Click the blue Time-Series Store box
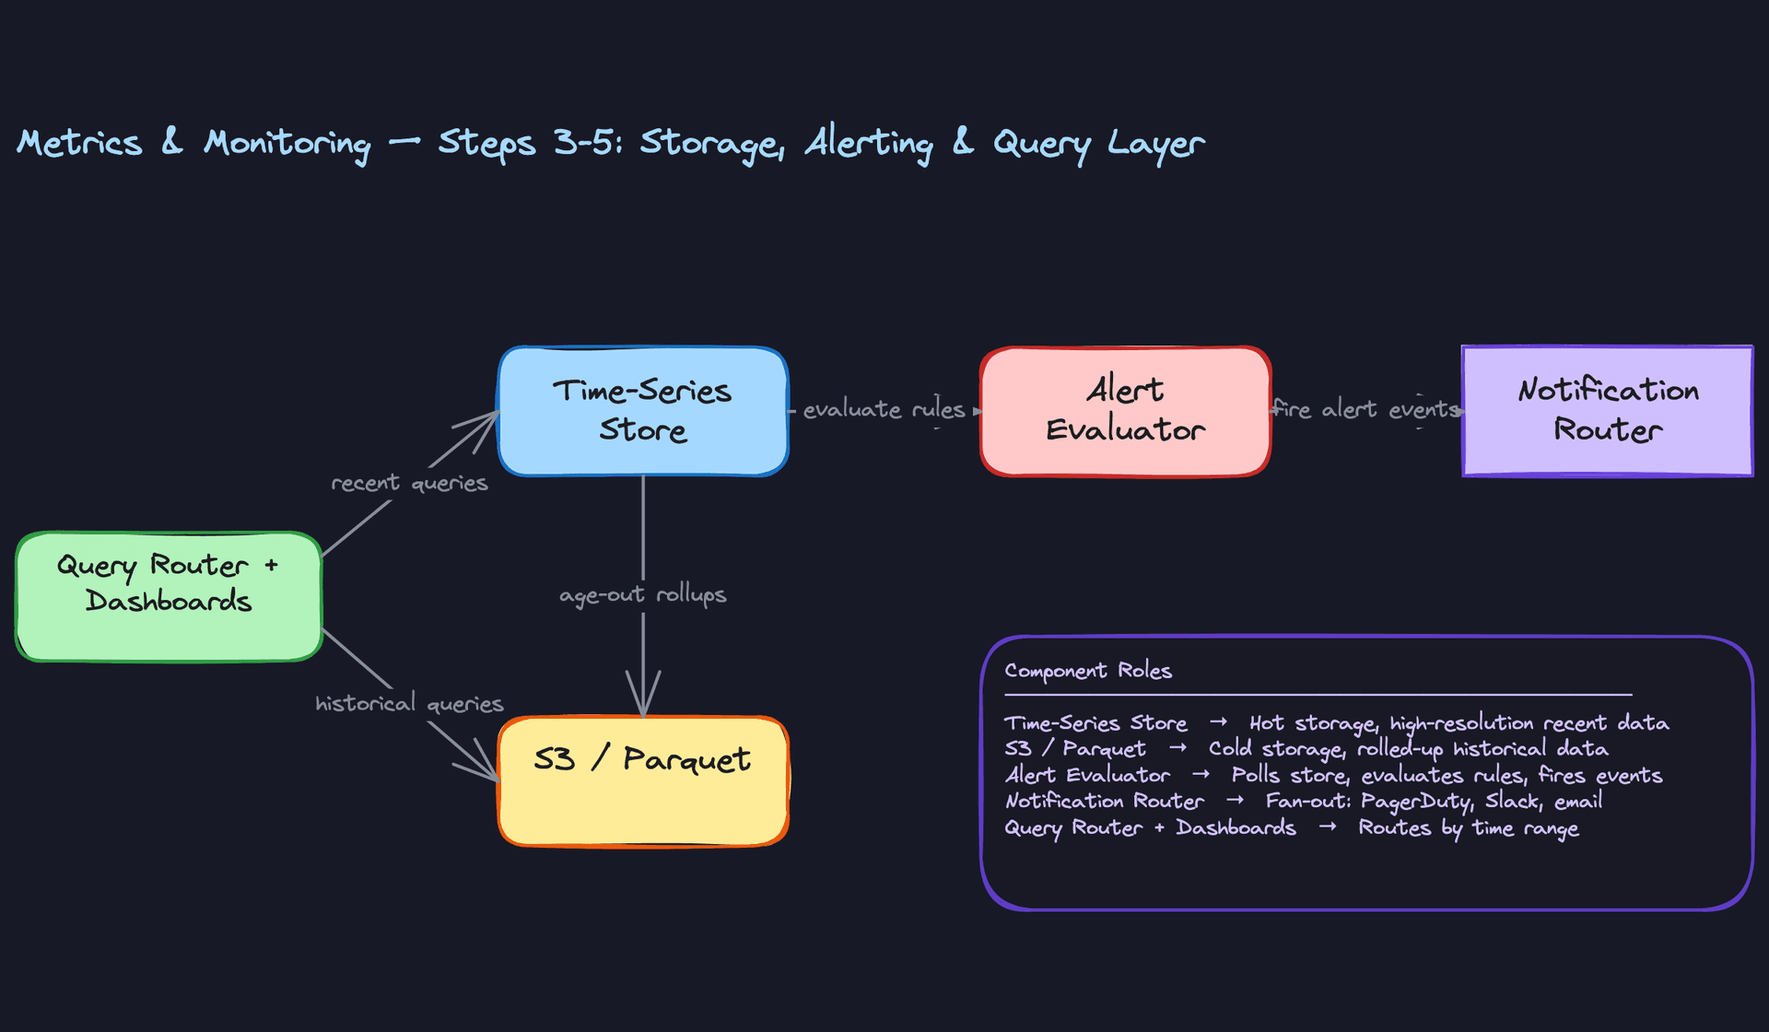tap(642, 411)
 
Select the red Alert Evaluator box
tap(1125, 411)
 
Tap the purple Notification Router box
tap(1607, 411)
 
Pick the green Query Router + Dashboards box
tap(169, 596)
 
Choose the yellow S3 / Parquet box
tap(642, 780)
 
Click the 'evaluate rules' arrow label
tap(884, 410)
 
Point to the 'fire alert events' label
tap(1365, 410)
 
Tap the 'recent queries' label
tap(409, 484)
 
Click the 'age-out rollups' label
tap(642, 595)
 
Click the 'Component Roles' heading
tap(1088, 671)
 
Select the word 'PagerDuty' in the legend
tap(1417, 802)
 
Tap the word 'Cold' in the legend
tap(1230, 749)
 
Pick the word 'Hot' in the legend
tap(1266, 723)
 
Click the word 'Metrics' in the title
tap(80, 143)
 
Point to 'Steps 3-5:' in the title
tap(531, 143)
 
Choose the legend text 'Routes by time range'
tap(1469, 828)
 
